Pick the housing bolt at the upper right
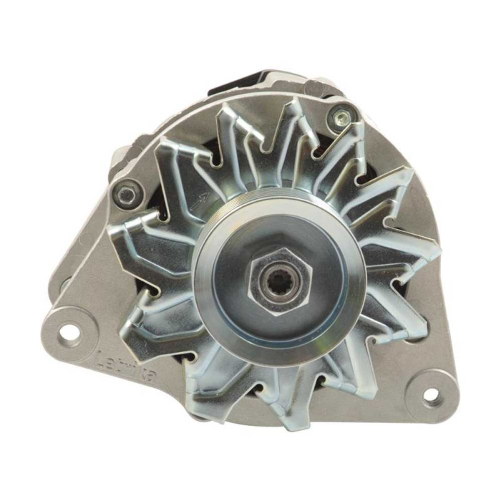point(342,115)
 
